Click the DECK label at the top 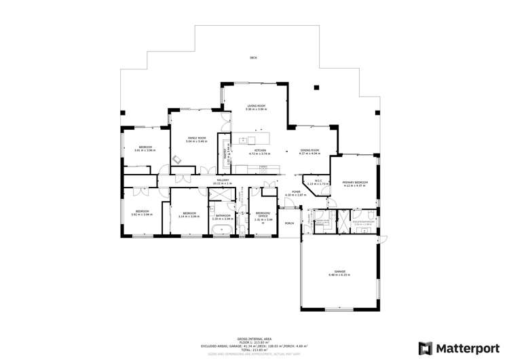(x=252, y=58)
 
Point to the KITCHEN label (x=260, y=152)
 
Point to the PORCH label (x=290, y=223)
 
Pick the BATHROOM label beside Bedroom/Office (x=223, y=217)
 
